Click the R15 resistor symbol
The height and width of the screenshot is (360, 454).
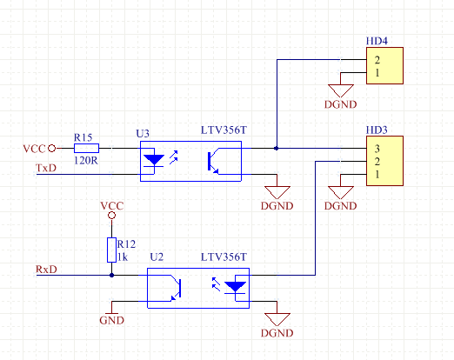pyautogui.click(x=86, y=148)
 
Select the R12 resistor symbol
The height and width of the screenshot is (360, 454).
pyautogui.click(x=111, y=250)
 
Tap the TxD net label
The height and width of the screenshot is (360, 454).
pyautogui.click(x=46, y=168)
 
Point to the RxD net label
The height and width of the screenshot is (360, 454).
pyautogui.click(x=46, y=270)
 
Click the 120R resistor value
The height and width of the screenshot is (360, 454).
pyautogui.click(x=86, y=160)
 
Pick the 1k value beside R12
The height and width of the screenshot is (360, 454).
pyautogui.click(x=123, y=257)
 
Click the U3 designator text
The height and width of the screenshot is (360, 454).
pyautogui.click(x=143, y=133)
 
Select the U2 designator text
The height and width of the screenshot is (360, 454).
pyautogui.click(x=157, y=257)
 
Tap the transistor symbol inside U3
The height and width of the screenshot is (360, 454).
pyautogui.click(x=214, y=161)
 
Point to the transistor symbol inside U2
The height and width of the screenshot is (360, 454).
pyautogui.click(x=176, y=288)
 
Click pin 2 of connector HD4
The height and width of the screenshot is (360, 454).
pyautogui.click(x=377, y=60)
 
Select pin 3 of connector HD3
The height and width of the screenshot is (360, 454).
pyautogui.click(x=377, y=149)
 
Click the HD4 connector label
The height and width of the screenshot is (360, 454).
pyautogui.click(x=377, y=41)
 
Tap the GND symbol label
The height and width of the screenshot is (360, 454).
pyautogui.click(x=111, y=320)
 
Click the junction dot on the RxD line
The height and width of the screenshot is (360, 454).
pyautogui.click(x=111, y=275)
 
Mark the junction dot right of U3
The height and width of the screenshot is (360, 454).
pyautogui.click(x=277, y=148)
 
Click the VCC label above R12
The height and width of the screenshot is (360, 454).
pyautogui.click(x=112, y=206)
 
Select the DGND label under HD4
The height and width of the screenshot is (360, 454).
pyautogui.click(x=340, y=104)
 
